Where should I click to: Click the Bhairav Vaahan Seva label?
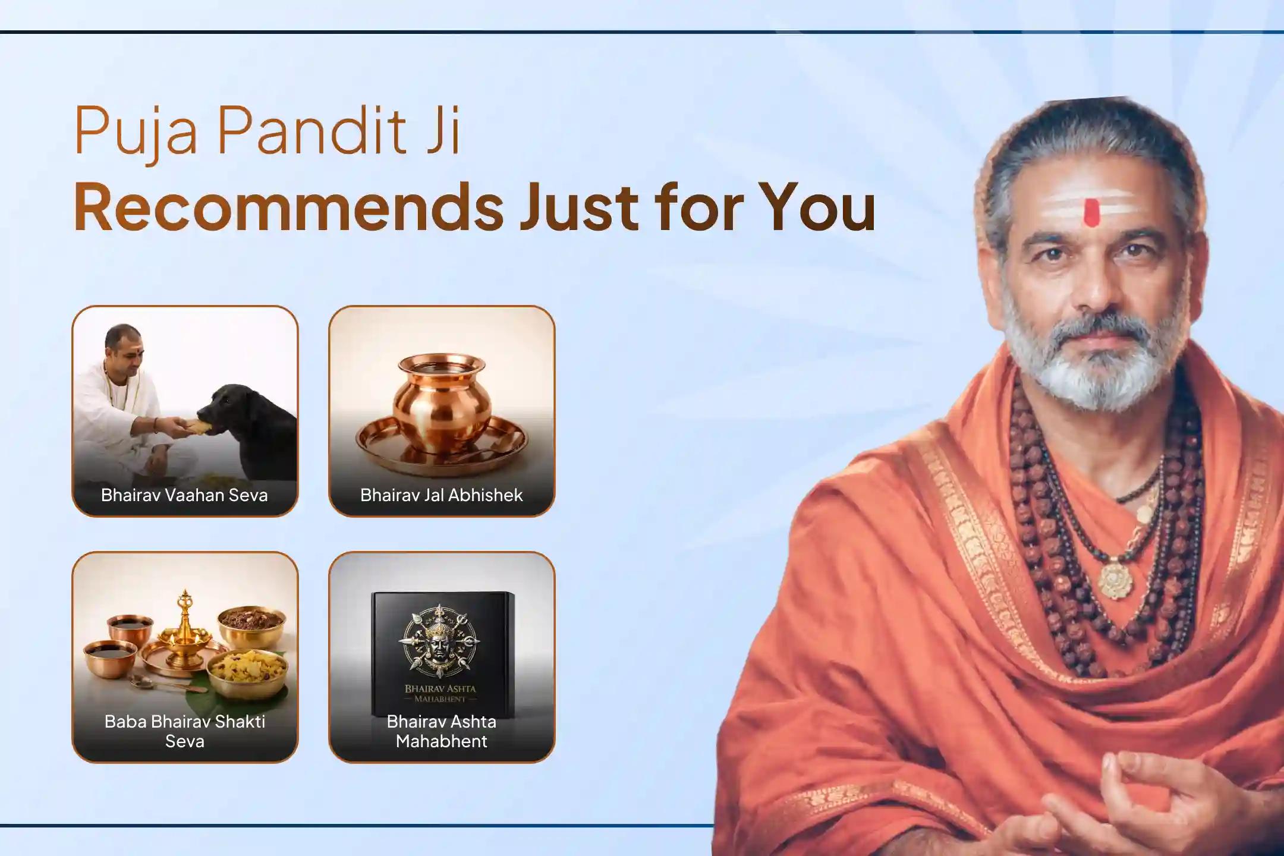click(184, 495)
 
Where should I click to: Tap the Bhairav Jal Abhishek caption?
click(441, 495)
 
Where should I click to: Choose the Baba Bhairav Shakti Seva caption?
click(184, 731)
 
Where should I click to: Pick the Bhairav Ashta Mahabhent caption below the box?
click(441, 731)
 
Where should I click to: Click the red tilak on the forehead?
click(1091, 213)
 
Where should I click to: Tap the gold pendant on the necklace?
click(1115, 580)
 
